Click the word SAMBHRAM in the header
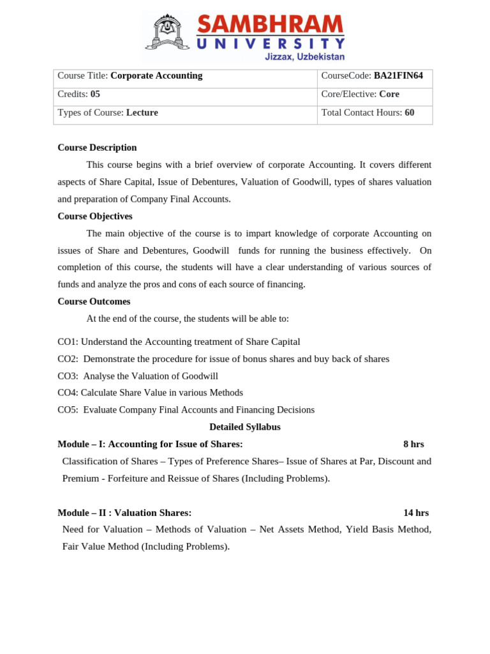270,25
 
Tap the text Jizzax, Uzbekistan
304,57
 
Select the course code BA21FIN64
398,76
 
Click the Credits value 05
95,94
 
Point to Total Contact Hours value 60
409,112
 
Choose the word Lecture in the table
142,112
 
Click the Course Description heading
97,148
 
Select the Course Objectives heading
95,216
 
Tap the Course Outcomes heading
94,301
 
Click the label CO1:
68,342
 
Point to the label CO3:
68,376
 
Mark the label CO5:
68,410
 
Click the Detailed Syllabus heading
245,427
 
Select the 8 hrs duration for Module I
413,444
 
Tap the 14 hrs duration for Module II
416,512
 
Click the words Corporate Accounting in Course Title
156,76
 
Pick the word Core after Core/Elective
389,94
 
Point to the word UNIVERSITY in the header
271,44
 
